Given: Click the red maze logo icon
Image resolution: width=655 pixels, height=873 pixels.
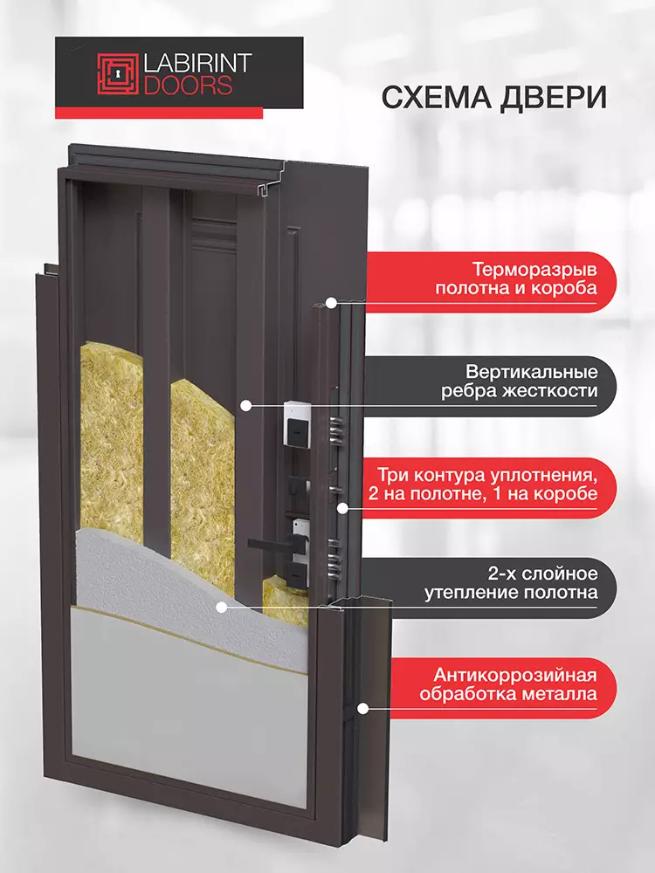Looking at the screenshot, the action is point(118,74).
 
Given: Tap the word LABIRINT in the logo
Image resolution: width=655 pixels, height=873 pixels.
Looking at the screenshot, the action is point(197,64).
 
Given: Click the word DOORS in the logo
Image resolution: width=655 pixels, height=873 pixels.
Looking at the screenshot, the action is point(188,85).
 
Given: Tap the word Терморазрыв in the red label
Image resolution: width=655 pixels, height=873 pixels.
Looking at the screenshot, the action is point(535,271).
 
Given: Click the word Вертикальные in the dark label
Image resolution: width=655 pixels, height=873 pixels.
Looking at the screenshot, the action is point(532,371).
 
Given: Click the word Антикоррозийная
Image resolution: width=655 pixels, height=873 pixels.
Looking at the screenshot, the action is point(515,676).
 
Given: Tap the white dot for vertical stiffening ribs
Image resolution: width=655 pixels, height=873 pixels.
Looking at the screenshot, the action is point(245,406).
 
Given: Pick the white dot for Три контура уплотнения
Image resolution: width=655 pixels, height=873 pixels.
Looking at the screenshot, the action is point(342,508).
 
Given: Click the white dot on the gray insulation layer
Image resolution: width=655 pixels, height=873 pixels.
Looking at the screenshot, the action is point(222,608).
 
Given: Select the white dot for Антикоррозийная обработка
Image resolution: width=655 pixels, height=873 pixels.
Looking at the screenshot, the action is point(362,709).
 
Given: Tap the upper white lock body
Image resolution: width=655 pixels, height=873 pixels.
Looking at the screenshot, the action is point(296,423).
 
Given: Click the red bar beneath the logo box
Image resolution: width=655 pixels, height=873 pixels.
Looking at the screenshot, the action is point(159,113).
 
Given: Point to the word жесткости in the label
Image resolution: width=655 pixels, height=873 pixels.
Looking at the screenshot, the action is point(548,391).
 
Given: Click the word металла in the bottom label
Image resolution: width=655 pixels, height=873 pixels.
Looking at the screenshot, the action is point(561,695).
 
